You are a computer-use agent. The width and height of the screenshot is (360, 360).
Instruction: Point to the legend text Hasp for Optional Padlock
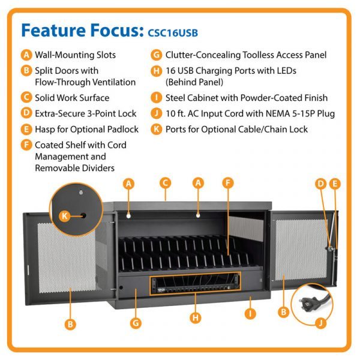click(x=86, y=129)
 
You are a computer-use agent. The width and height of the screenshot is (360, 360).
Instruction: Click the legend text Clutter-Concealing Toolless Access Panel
click(x=246, y=55)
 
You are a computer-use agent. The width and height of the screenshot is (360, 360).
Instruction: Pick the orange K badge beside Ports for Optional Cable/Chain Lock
click(x=155, y=129)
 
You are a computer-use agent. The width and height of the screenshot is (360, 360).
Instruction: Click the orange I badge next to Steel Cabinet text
click(x=155, y=98)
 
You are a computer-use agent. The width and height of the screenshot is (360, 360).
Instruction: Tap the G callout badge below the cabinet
click(x=136, y=323)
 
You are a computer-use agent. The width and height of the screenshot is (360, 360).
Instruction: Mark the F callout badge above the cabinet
click(x=227, y=182)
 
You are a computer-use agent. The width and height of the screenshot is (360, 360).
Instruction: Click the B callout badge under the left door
click(x=70, y=324)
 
